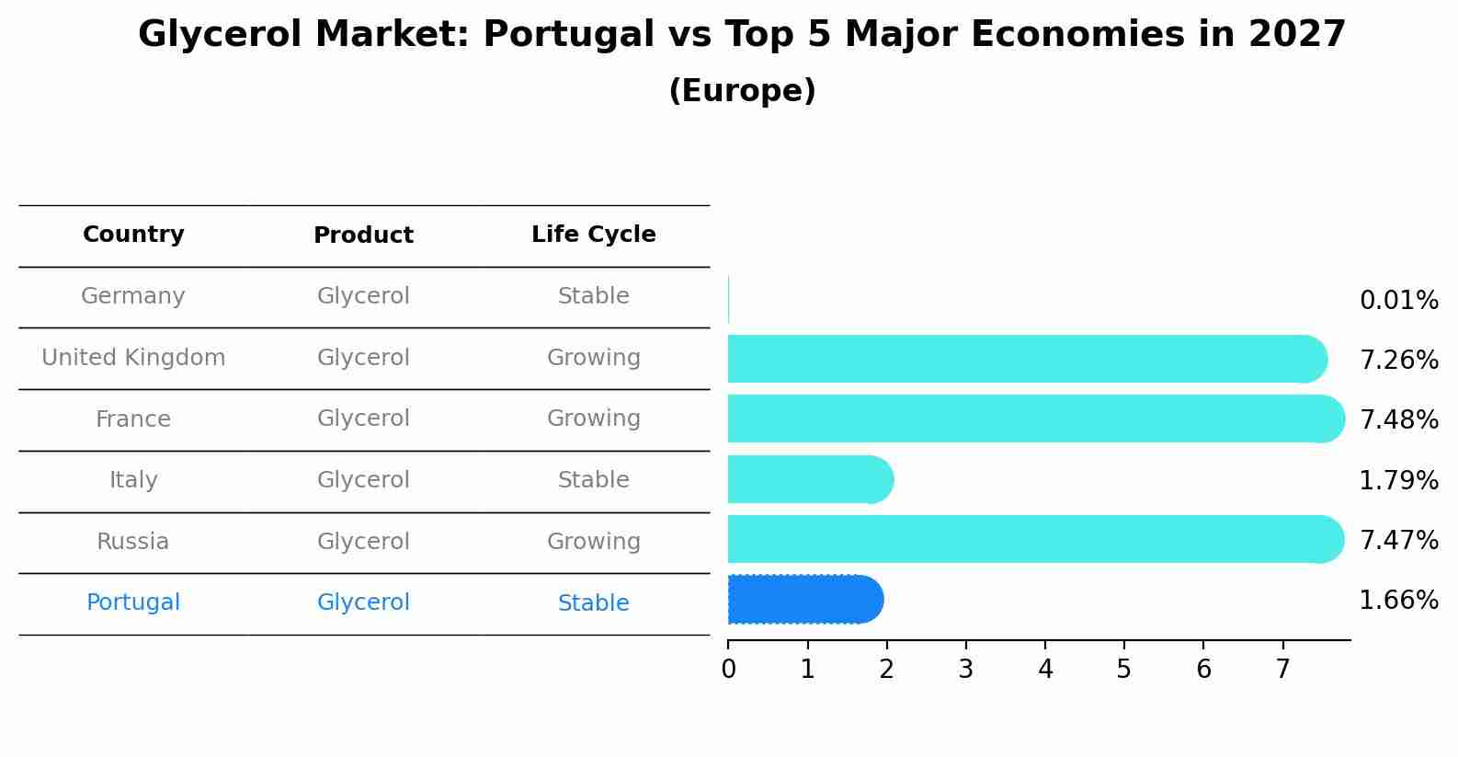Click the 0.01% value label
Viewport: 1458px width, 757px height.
point(1398,301)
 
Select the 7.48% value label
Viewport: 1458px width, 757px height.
point(1398,419)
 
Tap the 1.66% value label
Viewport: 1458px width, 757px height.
point(1398,601)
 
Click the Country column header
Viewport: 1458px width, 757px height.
point(133,235)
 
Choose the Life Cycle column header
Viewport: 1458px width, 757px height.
point(593,235)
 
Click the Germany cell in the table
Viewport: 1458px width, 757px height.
point(133,296)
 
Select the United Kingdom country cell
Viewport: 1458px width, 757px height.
point(133,358)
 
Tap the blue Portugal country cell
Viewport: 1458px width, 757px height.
point(133,602)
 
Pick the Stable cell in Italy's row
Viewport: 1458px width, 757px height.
point(593,480)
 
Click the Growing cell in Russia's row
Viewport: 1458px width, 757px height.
point(593,542)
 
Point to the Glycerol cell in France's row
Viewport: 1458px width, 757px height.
point(363,419)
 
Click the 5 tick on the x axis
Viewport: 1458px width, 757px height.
point(1123,670)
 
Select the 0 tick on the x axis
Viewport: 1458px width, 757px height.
point(728,670)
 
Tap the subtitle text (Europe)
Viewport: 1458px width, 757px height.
point(742,91)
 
